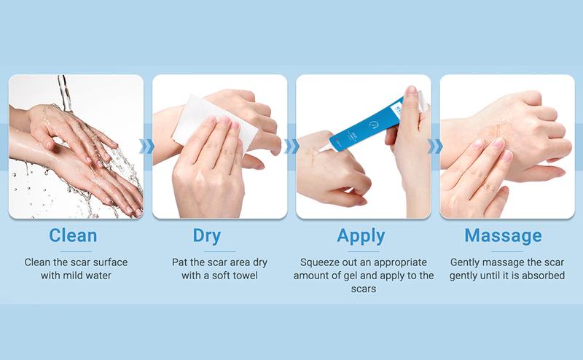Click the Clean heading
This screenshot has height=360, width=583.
tap(74, 236)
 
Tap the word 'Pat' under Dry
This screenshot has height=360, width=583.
tap(179, 261)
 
